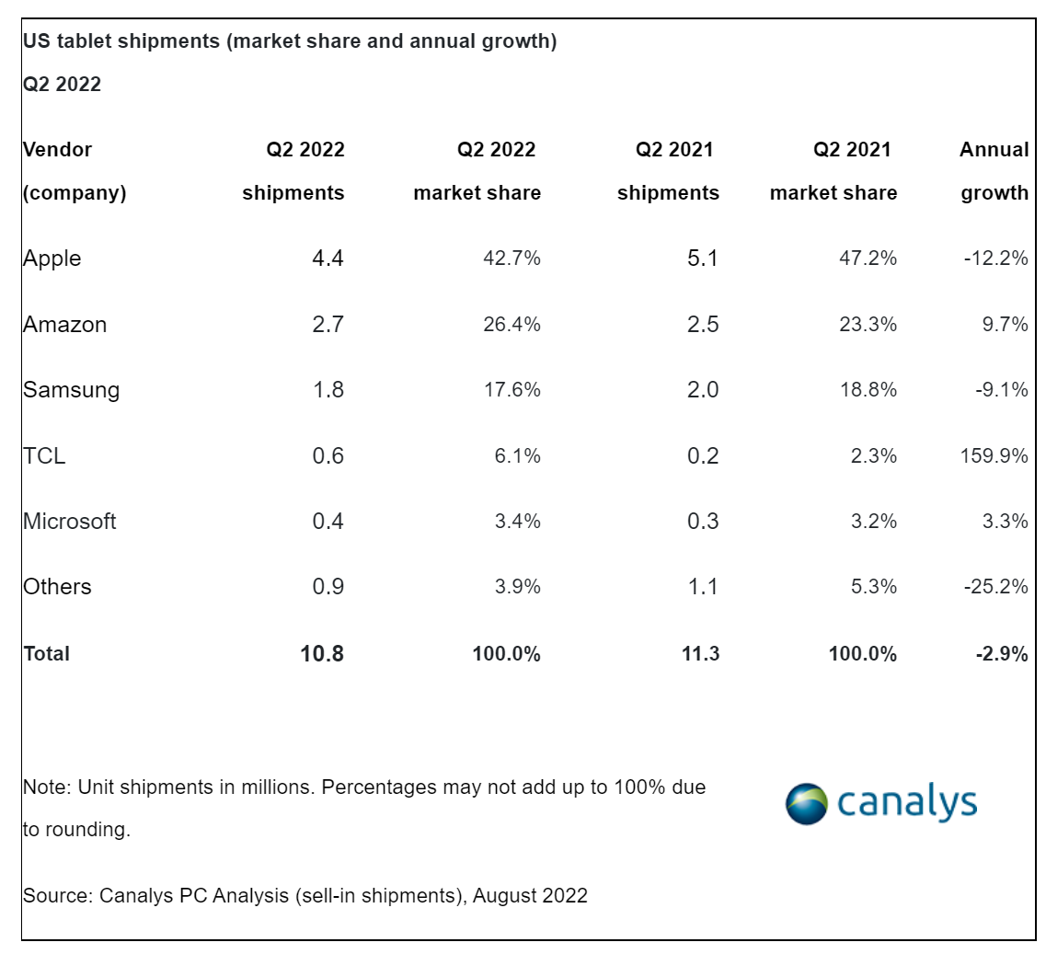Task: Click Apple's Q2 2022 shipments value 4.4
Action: (x=328, y=259)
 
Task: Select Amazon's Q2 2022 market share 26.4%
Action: (x=512, y=325)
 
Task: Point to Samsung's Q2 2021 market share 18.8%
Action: (x=868, y=390)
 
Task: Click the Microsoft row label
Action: (x=70, y=522)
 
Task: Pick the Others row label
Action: (x=57, y=587)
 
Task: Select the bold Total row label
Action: (x=46, y=653)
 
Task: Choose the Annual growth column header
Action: (x=994, y=171)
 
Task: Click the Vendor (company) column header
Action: (x=75, y=171)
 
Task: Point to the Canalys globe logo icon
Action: (x=807, y=804)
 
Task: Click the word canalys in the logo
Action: (x=907, y=802)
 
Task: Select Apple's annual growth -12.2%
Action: (x=995, y=259)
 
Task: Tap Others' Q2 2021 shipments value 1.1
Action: (x=703, y=587)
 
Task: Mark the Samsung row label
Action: (x=71, y=390)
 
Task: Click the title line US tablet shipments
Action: (x=290, y=41)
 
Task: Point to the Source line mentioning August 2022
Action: (x=305, y=895)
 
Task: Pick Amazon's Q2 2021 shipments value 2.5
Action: (x=703, y=325)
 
